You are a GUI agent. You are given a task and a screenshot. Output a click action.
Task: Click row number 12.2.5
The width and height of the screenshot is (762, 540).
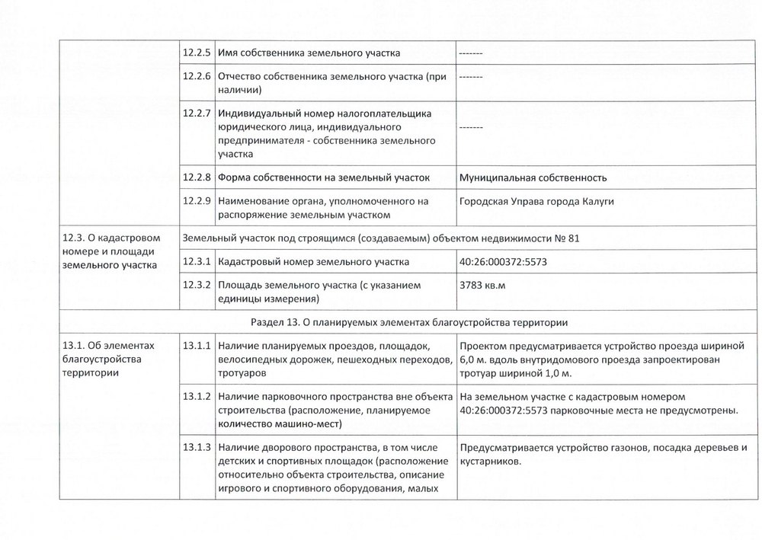(197, 53)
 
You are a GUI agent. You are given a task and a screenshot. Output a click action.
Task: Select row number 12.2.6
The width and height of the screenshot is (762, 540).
(197, 77)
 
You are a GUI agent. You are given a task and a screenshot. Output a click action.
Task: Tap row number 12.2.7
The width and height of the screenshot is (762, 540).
(197, 113)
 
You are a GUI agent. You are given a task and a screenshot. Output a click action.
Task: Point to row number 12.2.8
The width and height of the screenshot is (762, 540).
(197, 177)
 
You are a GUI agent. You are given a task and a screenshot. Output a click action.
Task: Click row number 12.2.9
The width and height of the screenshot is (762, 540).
(197, 201)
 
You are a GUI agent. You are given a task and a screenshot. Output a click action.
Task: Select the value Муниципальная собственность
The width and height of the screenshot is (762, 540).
(533, 178)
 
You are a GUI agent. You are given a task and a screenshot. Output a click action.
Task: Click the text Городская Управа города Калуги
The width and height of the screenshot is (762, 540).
(537, 202)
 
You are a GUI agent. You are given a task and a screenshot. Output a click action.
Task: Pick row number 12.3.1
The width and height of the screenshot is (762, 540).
(197, 262)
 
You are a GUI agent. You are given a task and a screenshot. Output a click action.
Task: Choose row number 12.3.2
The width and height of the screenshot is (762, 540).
(197, 286)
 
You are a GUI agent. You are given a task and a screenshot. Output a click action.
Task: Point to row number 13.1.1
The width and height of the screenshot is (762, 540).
(197, 347)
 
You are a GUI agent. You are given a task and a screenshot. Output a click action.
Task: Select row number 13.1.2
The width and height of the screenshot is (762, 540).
(197, 398)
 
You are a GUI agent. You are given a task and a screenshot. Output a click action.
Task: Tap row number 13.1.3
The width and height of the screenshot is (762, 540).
(197, 447)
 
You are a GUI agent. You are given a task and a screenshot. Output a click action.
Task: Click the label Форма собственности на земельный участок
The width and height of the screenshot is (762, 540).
(324, 178)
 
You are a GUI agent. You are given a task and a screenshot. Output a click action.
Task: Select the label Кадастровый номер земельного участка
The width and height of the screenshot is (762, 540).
(313, 262)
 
